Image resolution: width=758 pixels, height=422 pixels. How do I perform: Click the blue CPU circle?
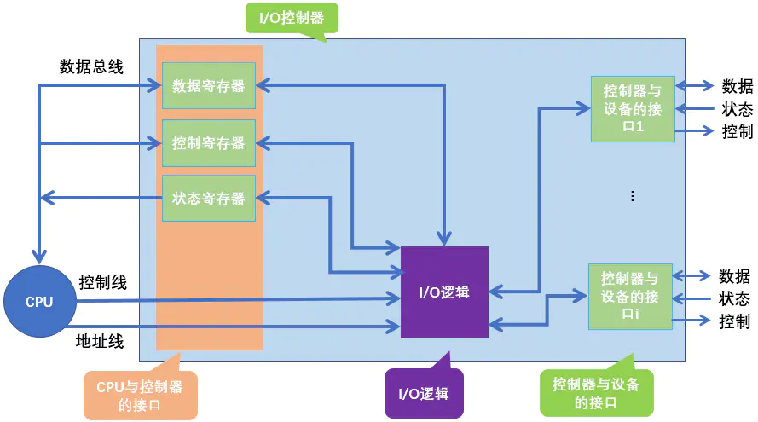pos(39,302)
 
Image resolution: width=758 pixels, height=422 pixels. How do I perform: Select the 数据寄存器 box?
pos(209,85)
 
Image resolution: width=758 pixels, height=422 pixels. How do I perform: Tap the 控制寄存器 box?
pos(209,142)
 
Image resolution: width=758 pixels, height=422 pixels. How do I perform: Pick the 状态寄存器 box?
pos(209,198)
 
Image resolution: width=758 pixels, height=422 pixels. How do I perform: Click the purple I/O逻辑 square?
pos(444,292)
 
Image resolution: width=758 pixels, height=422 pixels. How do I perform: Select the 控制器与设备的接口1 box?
pos(633,108)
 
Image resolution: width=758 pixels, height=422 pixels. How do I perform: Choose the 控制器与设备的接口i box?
pos(630,296)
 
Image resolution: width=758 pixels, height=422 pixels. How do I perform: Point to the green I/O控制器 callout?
pos(291,17)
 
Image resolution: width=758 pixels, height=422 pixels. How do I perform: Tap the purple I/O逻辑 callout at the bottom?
pos(424,394)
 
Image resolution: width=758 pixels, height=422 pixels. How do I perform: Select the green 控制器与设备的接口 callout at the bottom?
pos(596,392)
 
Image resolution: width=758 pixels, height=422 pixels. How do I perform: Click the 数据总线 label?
pos(91,66)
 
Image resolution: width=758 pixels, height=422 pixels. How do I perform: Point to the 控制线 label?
pos(103,282)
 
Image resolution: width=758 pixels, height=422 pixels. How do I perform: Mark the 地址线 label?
pos(101,342)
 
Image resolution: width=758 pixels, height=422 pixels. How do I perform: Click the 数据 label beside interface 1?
pos(738,85)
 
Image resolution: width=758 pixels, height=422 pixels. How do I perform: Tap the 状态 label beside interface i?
pos(734,299)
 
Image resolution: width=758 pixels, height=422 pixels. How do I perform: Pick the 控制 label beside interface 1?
pos(738,131)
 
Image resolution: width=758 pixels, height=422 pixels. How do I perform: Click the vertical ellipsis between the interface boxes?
pos(632,196)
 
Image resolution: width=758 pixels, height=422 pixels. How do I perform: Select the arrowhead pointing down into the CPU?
pos(38,256)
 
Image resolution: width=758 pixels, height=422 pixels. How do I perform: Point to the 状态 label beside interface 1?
pos(738,108)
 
